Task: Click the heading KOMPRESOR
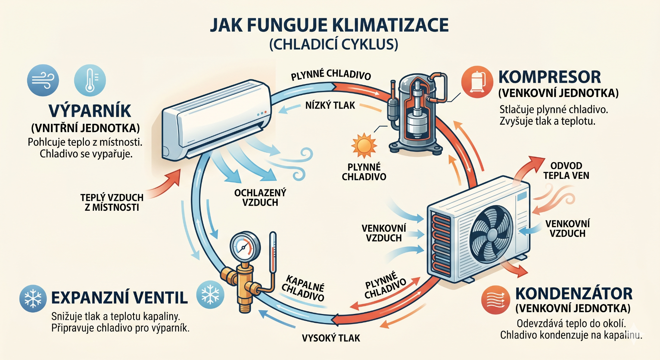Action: [x=549, y=77]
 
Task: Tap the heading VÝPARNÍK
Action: [x=90, y=111]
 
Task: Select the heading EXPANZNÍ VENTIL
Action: [x=119, y=298]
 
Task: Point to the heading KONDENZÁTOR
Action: [x=574, y=294]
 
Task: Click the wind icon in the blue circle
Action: [x=43, y=80]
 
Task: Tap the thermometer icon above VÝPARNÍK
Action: [x=90, y=80]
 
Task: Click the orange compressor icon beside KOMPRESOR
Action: [x=477, y=82]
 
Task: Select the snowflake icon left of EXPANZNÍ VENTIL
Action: [x=33, y=298]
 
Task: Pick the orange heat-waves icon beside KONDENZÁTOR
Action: [x=495, y=300]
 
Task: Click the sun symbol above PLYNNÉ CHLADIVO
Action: [x=364, y=145]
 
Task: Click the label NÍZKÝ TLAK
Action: [x=330, y=105]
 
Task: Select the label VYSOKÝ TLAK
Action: [x=331, y=338]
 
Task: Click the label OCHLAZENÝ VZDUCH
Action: [x=260, y=198]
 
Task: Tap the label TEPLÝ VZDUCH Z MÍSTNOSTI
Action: [x=112, y=203]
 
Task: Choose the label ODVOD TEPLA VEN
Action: [x=566, y=171]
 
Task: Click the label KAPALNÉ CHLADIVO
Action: [x=303, y=288]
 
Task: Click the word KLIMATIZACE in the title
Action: [x=390, y=25]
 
